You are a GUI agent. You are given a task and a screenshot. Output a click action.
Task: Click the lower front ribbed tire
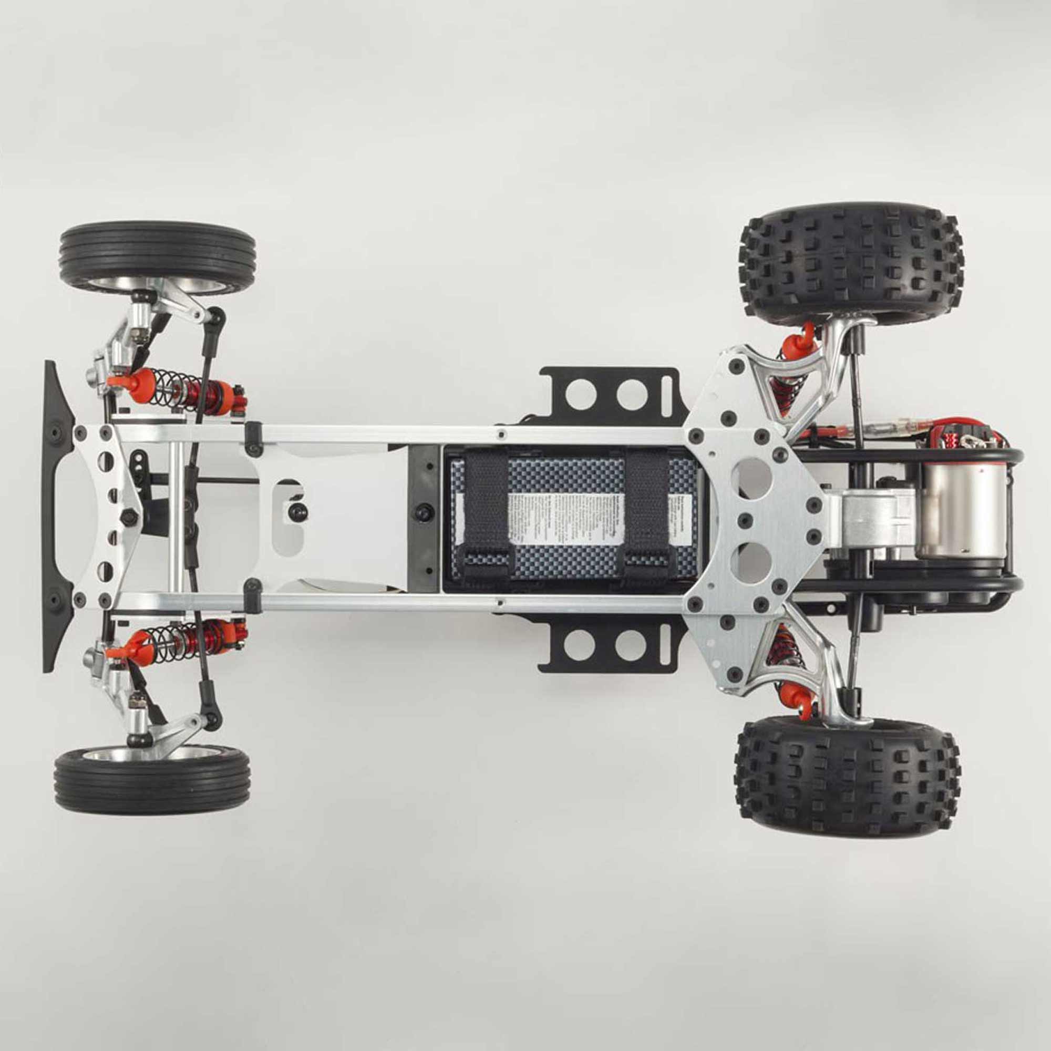[x=152, y=779]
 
